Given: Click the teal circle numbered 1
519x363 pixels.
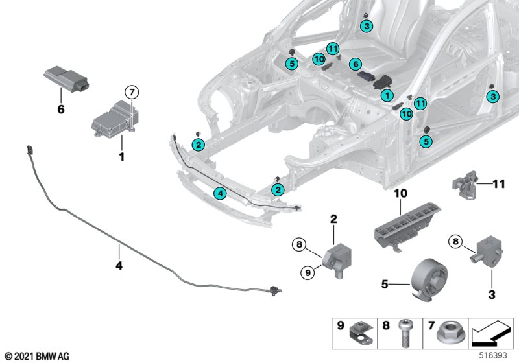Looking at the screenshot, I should (387, 95).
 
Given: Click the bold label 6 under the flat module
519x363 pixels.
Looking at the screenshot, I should (61, 110).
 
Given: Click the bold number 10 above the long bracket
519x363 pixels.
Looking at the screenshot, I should (399, 193).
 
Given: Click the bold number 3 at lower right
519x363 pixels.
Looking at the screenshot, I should (490, 296).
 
